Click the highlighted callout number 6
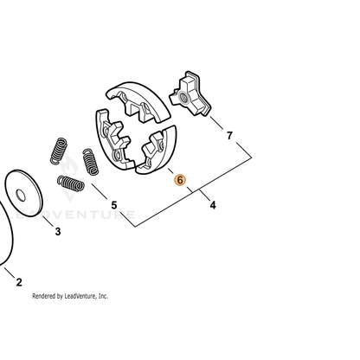pyautogui.click(x=180, y=180)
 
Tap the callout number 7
pyautogui.click(x=229, y=135)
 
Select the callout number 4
pyautogui.click(x=213, y=205)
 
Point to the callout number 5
pyautogui.click(x=114, y=205)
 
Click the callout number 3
pyautogui.click(x=58, y=231)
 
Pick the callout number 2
pyautogui.click(x=19, y=282)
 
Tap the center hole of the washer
pyautogui.click(x=21, y=196)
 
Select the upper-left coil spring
pyautogui.click(x=59, y=151)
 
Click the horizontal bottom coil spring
pyautogui.click(x=71, y=183)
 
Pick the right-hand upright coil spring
pyautogui.click(x=91, y=162)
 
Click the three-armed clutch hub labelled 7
pyautogui.click(x=190, y=94)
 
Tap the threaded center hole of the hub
pyautogui.click(x=183, y=97)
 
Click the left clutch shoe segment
pyautogui.click(x=112, y=138)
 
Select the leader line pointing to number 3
pyautogui.click(x=48, y=221)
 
